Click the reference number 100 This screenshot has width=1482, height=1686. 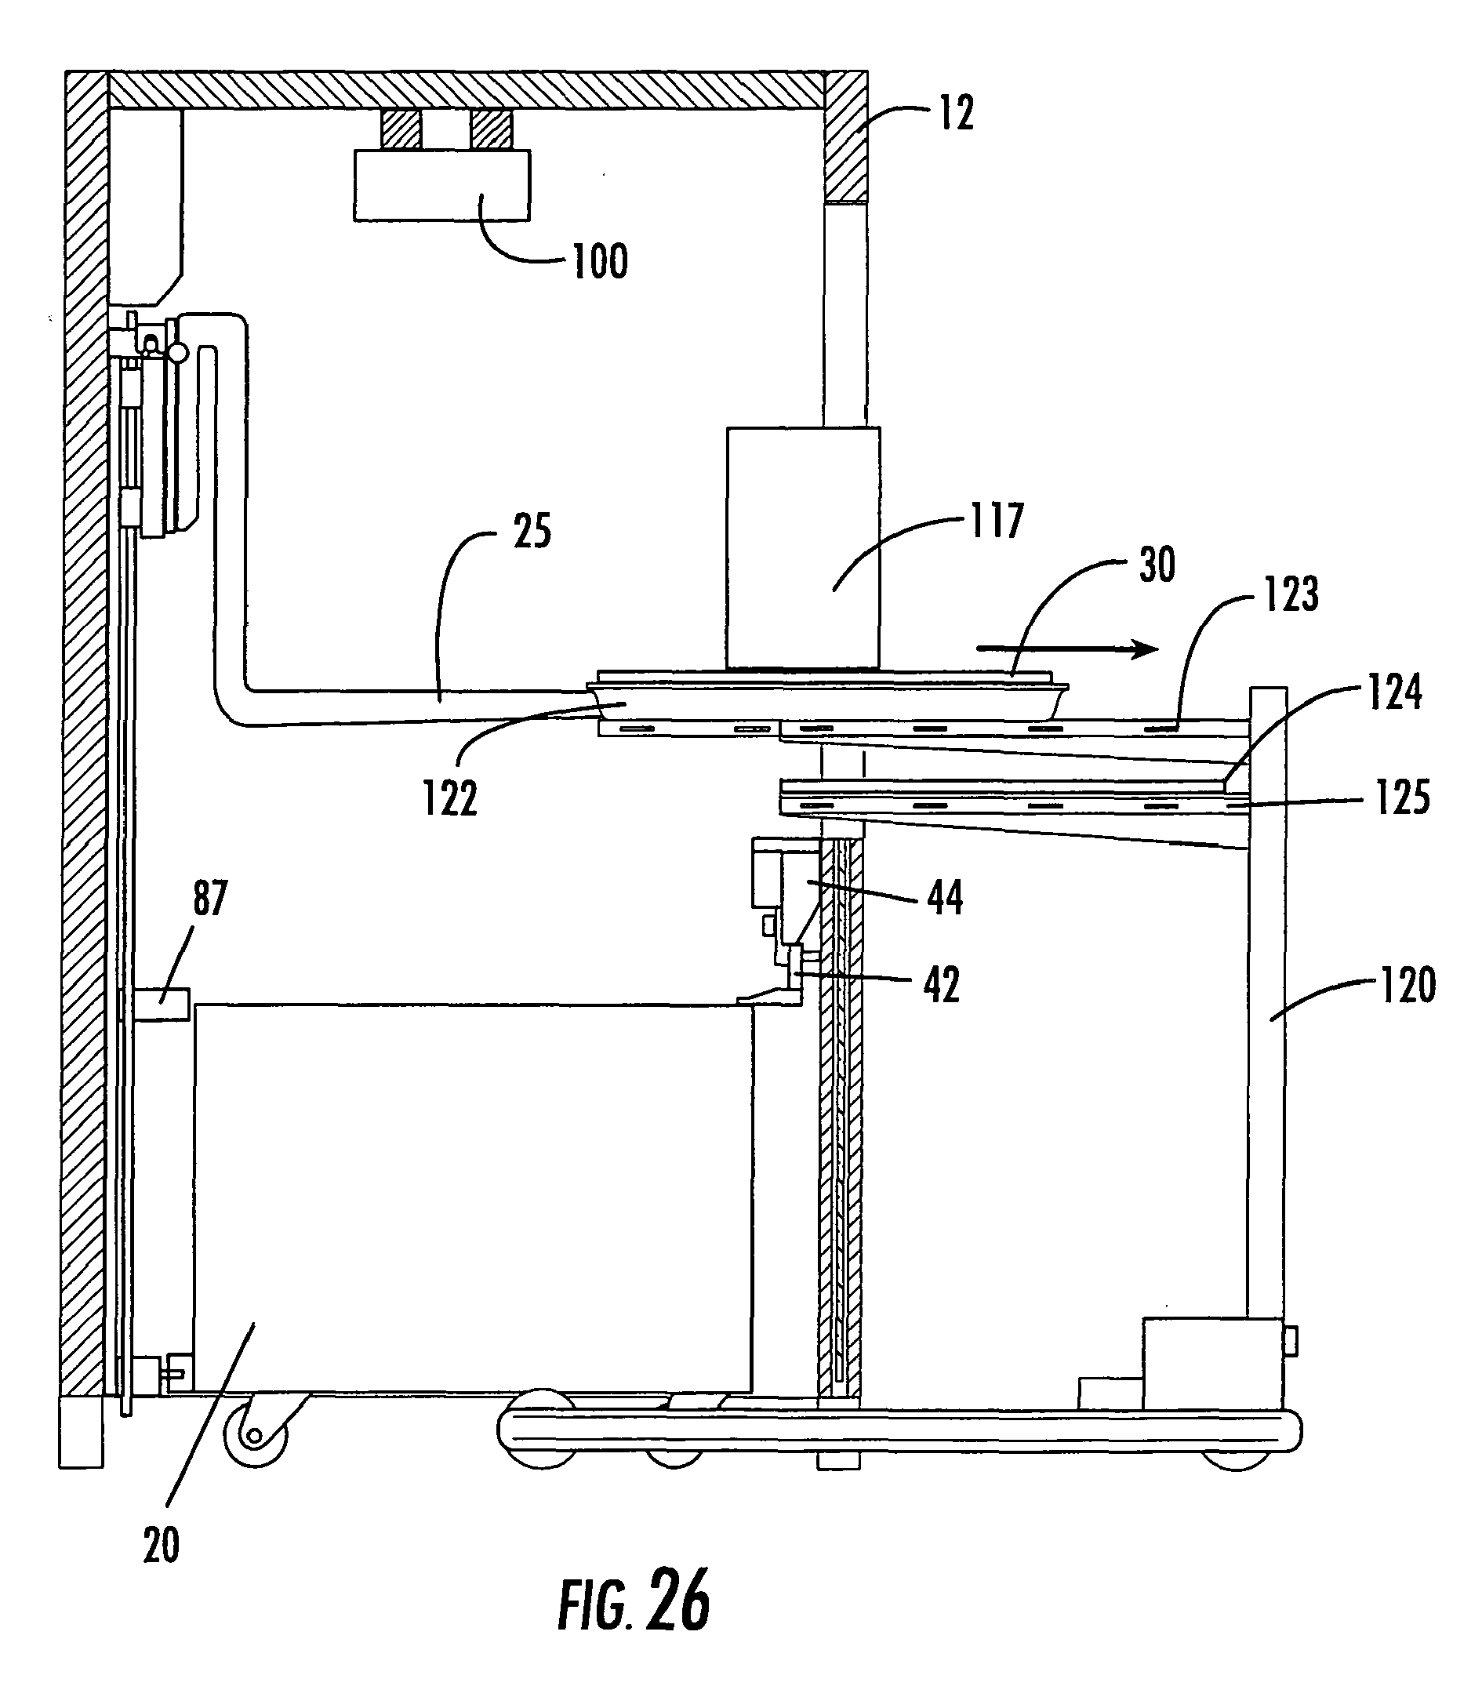[x=601, y=261]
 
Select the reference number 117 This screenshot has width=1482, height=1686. [x=997, y=521]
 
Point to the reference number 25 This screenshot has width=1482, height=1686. [x=532, y=531]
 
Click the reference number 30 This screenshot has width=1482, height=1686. [x=1157, y=565]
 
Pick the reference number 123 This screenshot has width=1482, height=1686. [x=1291, y=594]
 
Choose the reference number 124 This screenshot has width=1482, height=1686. [x=1396, y=693]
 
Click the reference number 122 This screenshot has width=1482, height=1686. [x=450, y=798]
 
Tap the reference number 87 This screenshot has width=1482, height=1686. [x=210, y=897]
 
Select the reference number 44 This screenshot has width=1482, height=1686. [x=945, y=897]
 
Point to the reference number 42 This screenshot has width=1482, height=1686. [x=942, y=984]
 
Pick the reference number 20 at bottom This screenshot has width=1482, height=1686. [x=161, y=1545]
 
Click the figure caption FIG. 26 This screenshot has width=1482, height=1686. [x=634, y=1602]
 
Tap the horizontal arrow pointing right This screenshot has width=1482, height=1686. [x=1067, y=649]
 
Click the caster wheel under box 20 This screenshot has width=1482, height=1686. [x=256, y=1437]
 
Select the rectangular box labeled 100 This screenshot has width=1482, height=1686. [x=442, y=185]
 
